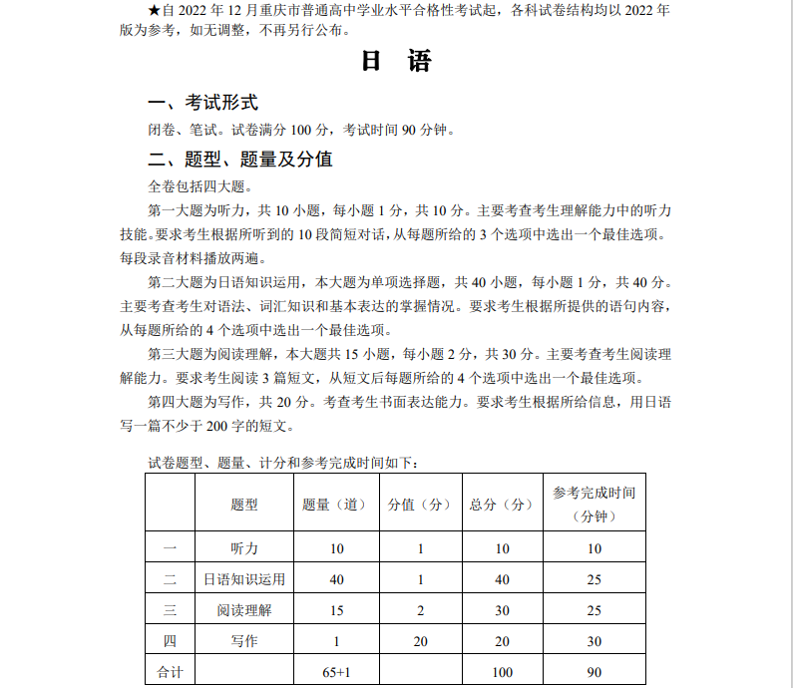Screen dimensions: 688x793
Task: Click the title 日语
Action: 396,62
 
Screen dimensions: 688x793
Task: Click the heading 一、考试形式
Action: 202,103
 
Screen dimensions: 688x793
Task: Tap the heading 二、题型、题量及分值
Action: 240,160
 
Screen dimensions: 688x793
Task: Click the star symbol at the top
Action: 154,9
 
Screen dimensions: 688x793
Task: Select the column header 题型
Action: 243,505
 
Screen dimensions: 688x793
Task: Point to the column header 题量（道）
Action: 336,505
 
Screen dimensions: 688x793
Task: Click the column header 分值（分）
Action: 420,505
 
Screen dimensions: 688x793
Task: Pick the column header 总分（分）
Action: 502,505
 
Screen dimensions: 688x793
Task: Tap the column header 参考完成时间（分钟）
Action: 595,505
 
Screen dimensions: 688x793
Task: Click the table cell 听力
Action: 243,548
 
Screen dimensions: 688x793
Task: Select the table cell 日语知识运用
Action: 243,579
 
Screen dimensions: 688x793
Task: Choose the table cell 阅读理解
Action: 243,610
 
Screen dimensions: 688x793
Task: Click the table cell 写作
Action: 243,641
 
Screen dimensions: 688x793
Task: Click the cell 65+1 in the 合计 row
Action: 336,672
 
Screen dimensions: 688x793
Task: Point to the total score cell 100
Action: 502,672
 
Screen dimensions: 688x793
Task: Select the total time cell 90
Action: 595,672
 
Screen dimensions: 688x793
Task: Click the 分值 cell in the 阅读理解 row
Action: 420,610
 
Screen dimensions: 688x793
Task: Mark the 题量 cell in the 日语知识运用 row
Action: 336,579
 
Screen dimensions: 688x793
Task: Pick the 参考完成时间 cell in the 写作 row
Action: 595,641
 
